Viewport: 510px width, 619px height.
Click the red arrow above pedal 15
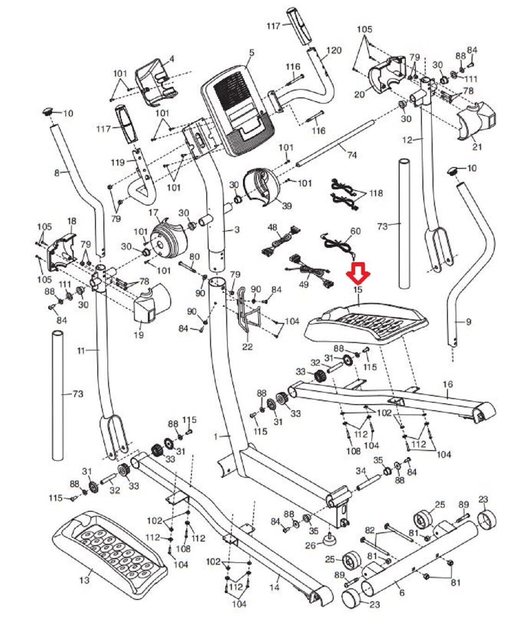[358, 273]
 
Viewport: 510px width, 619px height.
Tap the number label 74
[352, 155]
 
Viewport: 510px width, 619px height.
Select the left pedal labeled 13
[109, 546]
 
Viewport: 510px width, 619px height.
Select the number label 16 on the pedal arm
[447, 384]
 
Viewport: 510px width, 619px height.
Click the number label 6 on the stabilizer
[402, 593]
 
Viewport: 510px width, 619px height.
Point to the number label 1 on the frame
[215, 436]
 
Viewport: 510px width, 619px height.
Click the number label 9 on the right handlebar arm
[468, 321]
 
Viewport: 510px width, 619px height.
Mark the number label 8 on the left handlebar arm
[57, 173]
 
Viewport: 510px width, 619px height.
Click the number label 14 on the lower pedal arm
[274, 587]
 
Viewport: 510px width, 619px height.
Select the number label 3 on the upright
[237, 230]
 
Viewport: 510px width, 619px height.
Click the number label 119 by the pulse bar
[118, 162]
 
